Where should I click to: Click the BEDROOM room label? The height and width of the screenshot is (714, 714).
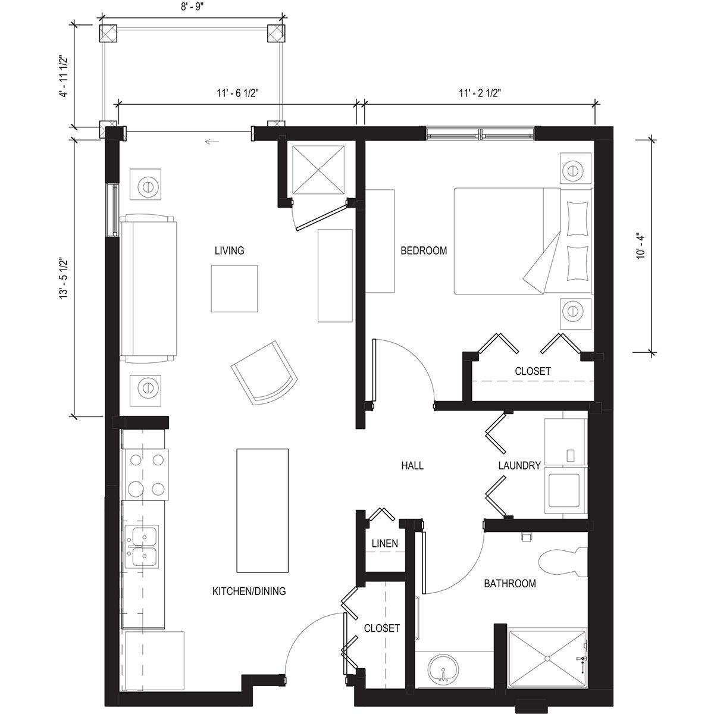tap(423, 250)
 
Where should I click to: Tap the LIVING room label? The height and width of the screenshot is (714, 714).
tap(229, 250)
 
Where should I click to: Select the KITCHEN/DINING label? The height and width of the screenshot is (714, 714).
tap(249, 591)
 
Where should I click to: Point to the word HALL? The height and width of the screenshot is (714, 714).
tap(412, 465)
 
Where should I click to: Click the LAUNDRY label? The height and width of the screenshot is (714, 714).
tap(519, 465)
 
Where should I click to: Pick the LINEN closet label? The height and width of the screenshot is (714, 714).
tap(384, 543)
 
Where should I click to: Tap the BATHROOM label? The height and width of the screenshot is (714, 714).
tap(509, 583)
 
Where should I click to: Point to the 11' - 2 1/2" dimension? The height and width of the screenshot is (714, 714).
tap(480, 92)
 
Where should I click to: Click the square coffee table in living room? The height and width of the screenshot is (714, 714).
tap(234, 289)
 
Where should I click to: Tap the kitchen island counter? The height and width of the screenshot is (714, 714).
tap(262, 509)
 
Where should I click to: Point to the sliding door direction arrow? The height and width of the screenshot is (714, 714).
tap(211, 142)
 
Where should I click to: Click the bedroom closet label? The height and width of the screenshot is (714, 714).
tap(533, 371)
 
